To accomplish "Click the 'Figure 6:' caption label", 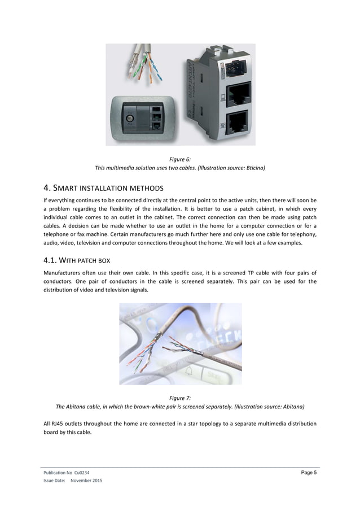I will pos(180,159).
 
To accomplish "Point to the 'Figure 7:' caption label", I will pos(180,398).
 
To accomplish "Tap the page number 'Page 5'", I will pos(308,473).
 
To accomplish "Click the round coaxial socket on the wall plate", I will pos(130,119).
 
